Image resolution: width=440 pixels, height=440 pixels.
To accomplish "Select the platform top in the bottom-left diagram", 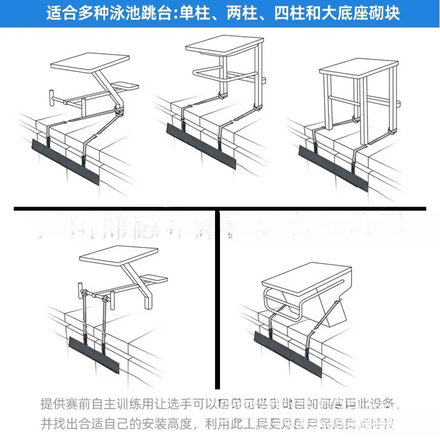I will pyautogui.click(x=112, y=254).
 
